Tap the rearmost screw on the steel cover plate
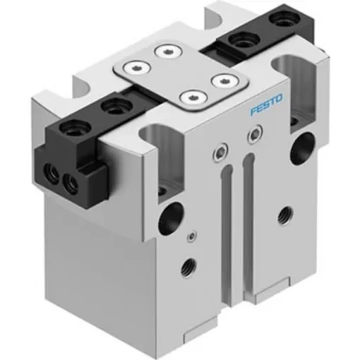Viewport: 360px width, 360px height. pos(167,51)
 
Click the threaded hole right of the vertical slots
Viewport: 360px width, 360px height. pos(285,210)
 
